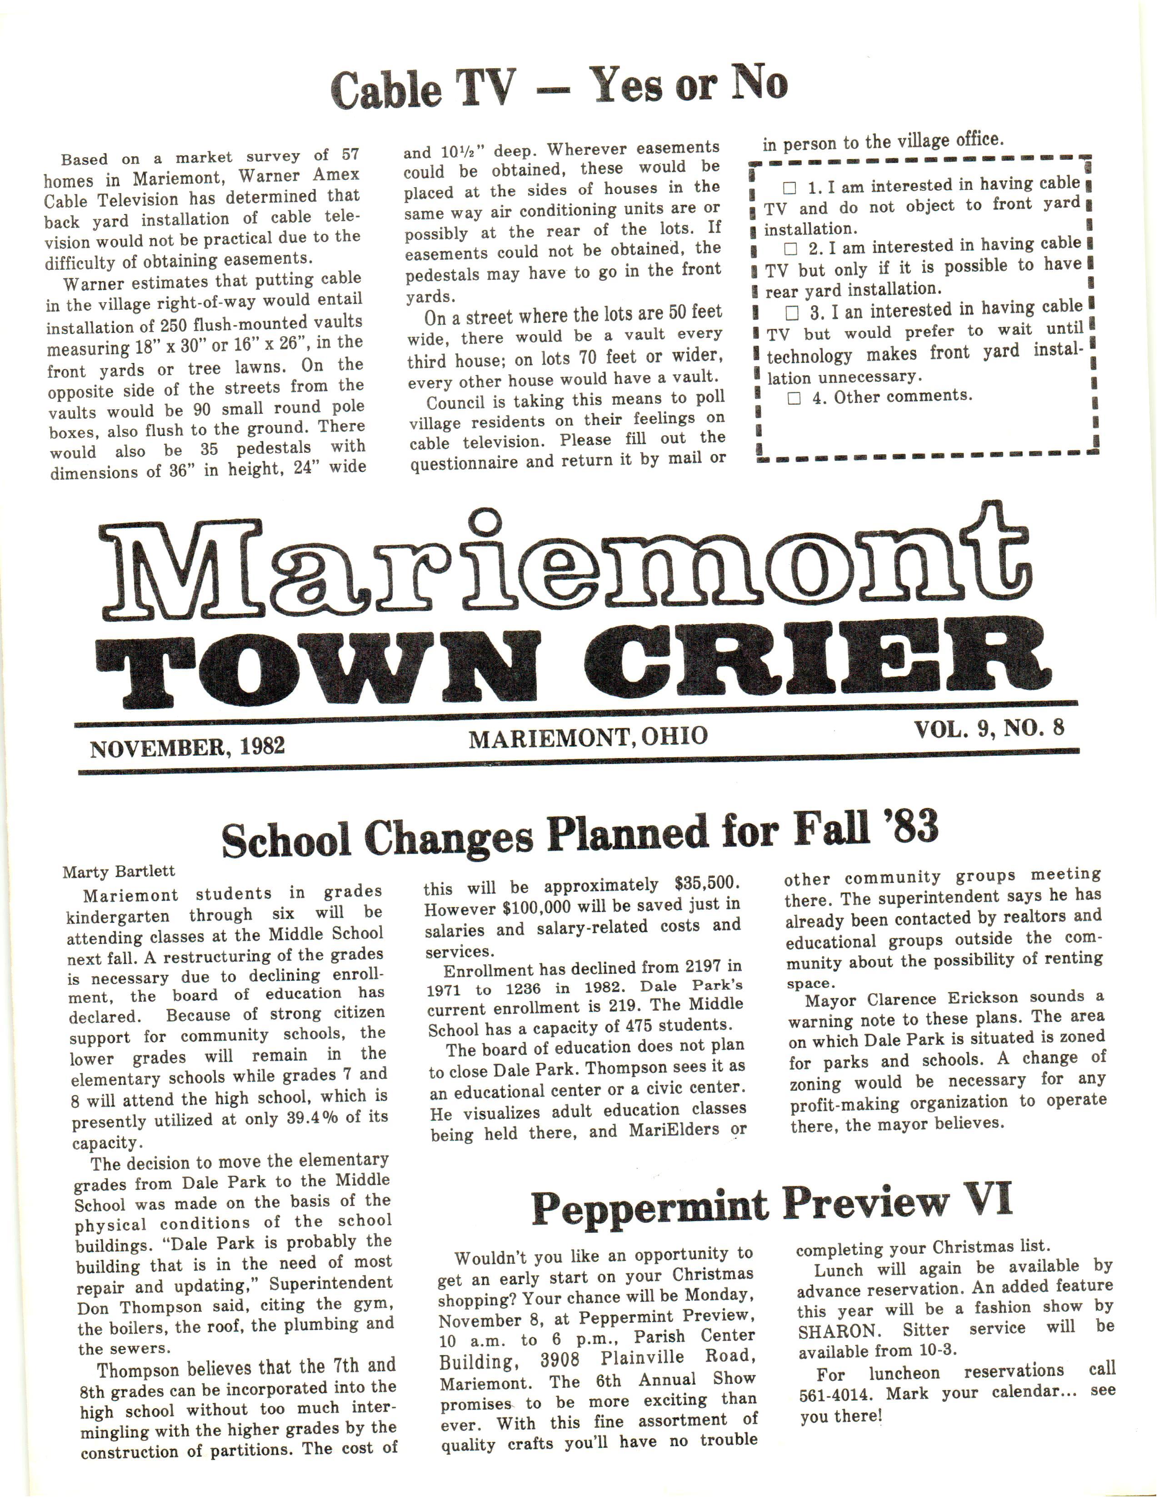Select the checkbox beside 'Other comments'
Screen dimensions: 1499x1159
[x=794, y=398]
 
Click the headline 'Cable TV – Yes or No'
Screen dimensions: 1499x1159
[x=559, y=87]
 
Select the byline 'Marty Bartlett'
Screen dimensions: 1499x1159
[x=119, y=872]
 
